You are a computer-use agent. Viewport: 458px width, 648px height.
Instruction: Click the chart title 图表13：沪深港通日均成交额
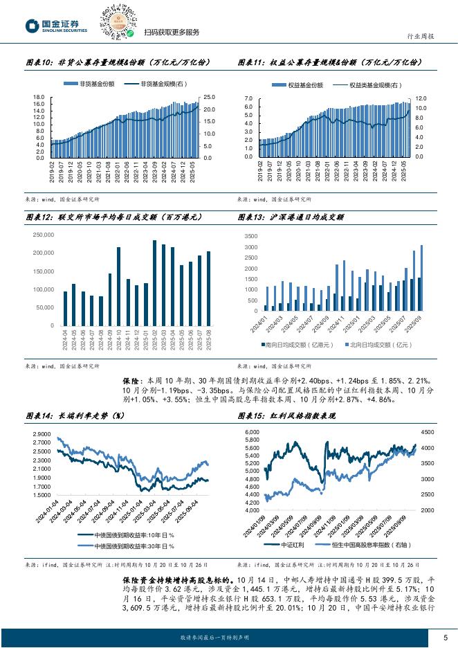(291, 217)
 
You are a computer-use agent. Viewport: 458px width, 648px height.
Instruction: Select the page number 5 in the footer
(446, 636)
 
